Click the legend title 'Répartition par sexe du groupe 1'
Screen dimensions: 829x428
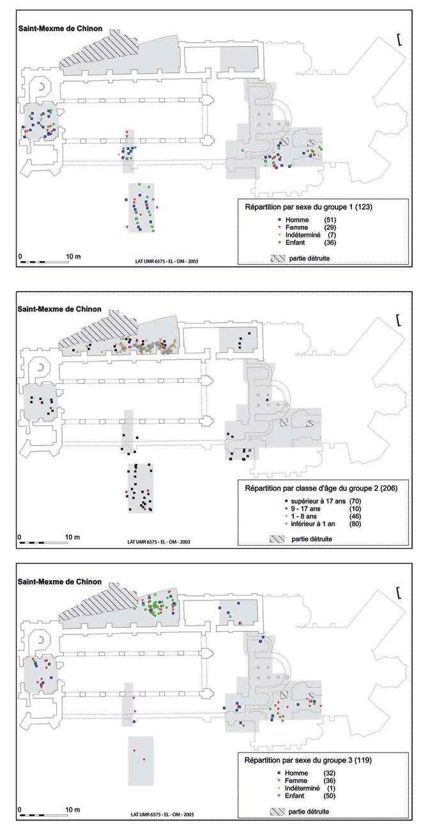click(300, 207)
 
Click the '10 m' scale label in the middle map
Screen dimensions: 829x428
click(73, 537)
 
